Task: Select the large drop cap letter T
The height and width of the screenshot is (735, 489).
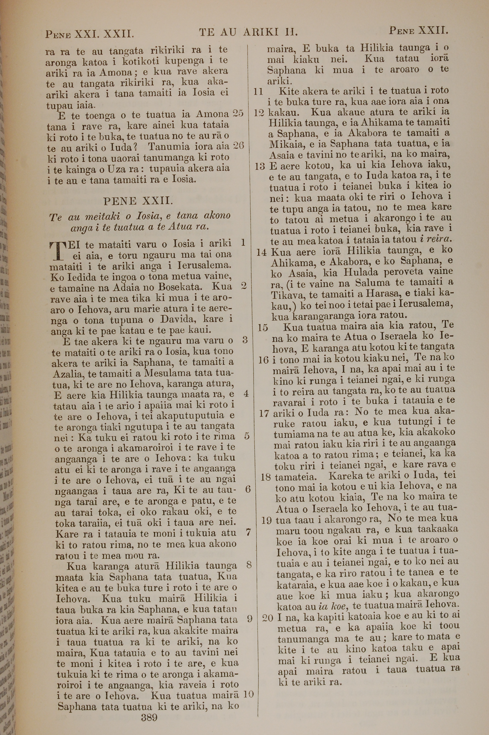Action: (x=57, y=251)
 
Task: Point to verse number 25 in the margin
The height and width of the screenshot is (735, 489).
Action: (x=238, y=113)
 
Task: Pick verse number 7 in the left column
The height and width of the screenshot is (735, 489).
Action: (x=248, y=532)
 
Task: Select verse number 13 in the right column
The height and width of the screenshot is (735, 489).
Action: (x=259, y=167)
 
